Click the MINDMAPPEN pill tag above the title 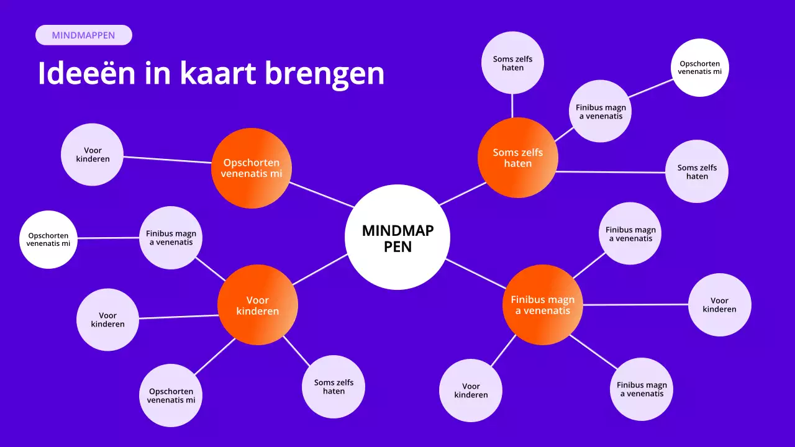[84, 35]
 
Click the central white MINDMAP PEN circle [397, 237]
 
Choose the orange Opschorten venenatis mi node [251, 168]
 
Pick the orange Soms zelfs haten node [517, 158]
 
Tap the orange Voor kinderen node [258, 305]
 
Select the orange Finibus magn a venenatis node [542, 305]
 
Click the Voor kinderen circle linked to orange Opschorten [93, 155]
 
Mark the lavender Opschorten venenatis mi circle [171, 395]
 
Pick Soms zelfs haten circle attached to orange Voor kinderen [334, 386]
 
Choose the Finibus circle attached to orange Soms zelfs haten [601, 112]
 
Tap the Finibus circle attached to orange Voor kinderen [171, 238]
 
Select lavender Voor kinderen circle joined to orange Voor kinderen [107, 320]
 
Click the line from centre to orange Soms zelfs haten [462, 193]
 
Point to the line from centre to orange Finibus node [475, 274]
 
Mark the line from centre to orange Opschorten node [322, 194]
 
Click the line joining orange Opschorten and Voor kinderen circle [168, 160]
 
